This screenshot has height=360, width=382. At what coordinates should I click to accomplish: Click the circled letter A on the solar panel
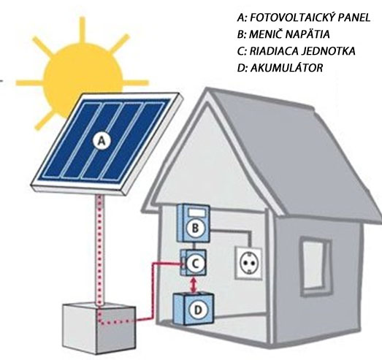(x=102, y=141)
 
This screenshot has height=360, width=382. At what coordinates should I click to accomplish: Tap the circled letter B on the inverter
(x=195, y=229)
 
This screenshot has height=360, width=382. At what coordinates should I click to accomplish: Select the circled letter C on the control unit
(x=195, y=264)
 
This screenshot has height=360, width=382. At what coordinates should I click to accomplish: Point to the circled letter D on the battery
(x=198, y=310)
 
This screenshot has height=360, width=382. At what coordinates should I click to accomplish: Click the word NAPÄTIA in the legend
(x=307, y=34)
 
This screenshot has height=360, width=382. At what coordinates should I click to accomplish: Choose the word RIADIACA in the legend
(x=273, y=51)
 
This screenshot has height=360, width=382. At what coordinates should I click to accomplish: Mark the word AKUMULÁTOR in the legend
(x=286, y=67)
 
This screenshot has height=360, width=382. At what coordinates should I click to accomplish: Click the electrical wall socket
(x=248, y=263)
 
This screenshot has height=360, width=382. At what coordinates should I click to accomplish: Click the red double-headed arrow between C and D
(x=194, y=285)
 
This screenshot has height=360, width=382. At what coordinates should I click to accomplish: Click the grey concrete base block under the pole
(x=99, y=327)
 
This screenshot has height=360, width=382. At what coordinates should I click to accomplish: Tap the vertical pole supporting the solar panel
(x=99, y=248)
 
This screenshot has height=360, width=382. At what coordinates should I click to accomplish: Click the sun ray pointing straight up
(x=83, y=31)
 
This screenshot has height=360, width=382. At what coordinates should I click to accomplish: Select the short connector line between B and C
(x=194, y=246)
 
